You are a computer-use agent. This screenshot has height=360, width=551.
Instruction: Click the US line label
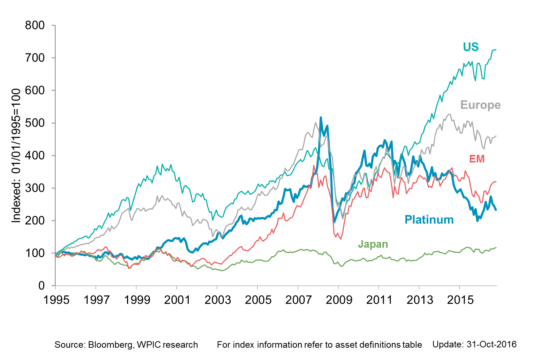tap(471, 47)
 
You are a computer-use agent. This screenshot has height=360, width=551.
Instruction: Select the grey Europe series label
tap(480, 105)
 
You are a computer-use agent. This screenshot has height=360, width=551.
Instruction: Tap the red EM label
tap(477, 159)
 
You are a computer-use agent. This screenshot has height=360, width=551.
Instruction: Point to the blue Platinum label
tap(429, 220)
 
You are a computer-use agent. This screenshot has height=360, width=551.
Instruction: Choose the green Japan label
tap(373, 244)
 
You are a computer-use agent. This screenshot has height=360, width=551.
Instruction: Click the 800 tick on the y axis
tap(35, 25)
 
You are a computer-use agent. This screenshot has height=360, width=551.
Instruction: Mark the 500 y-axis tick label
tap(35, 123)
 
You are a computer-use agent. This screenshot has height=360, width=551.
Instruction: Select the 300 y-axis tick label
tap(35, 188)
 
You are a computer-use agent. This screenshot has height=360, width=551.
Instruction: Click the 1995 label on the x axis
tap(56, 300)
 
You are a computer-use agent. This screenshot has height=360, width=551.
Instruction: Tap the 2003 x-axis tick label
tap(218, 300)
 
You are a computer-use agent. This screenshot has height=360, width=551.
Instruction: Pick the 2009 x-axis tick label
tap(338, 300)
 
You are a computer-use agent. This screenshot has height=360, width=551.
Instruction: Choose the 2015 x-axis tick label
tap(460, 300)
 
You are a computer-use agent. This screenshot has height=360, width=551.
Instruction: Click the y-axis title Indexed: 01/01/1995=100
tap(17, 156)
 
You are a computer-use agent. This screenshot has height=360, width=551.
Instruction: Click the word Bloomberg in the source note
tap(110, 345)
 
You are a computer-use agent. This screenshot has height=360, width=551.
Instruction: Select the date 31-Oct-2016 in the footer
tap(491, 344)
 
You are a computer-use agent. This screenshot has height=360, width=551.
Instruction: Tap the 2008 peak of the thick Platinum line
tap(321, 117)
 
